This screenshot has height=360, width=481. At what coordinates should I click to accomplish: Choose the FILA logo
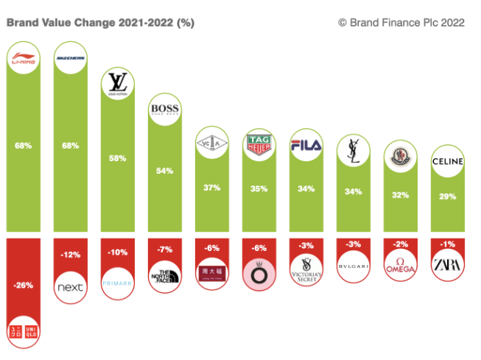[305, 144]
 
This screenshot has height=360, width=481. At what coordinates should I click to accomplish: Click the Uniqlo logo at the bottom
[24, 331]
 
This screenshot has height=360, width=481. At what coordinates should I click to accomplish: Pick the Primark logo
[118, 282]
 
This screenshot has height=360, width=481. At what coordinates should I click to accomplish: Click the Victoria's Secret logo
[305, 269]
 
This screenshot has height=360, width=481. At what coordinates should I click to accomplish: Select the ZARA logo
[446, 264]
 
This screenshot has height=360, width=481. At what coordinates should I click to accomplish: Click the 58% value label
[118, 158]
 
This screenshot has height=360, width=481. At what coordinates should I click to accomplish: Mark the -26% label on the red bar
[24, 286]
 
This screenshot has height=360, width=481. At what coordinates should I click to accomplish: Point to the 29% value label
[446, 197]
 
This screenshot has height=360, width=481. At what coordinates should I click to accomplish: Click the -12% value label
[71, 255]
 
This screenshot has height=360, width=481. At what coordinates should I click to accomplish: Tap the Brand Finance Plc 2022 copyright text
[401, 23]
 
